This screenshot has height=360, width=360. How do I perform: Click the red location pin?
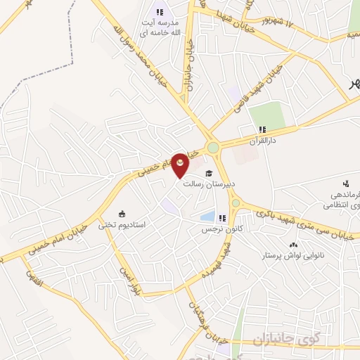tap(181, 166)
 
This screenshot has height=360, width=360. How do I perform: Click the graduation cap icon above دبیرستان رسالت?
tap(207, 173)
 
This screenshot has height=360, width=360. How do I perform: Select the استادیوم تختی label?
tap(122, 225)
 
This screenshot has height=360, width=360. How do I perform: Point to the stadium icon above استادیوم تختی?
tap(122, 214)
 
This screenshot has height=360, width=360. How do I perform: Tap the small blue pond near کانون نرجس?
tap(207, 217)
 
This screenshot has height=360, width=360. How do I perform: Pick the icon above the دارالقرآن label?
tap(262, 129)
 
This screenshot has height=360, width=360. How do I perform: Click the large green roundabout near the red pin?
tap(213, 148)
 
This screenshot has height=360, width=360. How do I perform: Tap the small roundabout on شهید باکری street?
tap(236, 204)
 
